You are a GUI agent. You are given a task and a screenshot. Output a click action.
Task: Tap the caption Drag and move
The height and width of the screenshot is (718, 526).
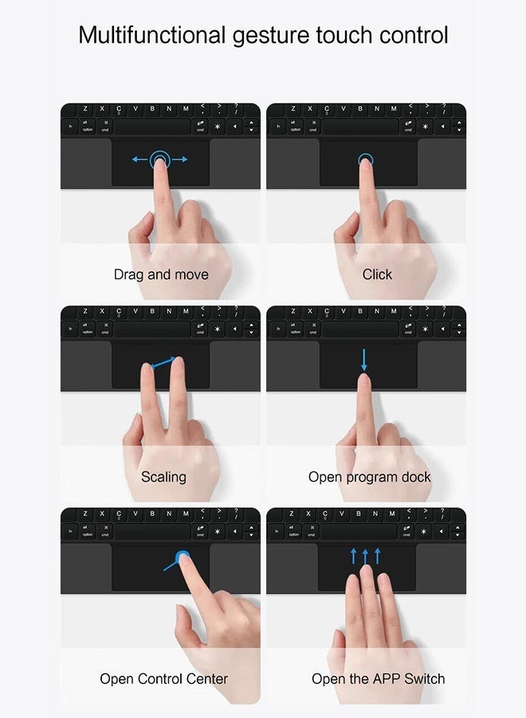pyautogui.click(x=161, y=274)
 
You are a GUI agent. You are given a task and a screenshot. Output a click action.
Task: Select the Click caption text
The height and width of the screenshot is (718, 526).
pyautogui.click(x=377, y=274)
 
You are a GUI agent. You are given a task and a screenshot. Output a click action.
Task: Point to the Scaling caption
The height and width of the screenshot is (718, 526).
pyautogui.click(x=163, y=477)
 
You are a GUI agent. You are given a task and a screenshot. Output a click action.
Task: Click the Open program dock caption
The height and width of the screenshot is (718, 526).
pyautogui.click(x=370, y=477)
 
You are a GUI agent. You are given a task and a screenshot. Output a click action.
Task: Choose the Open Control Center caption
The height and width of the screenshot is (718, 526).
pyautogui.click(x=163, y=679)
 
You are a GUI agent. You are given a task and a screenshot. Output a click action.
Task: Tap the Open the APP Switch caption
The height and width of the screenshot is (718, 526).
pyautogui.click(x=378, y=679)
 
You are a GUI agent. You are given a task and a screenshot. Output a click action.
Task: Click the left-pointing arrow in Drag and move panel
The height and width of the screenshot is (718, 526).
pyautogui.click(x=139, y=160)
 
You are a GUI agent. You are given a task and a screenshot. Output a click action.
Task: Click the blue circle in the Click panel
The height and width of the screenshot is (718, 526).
pyautogui.click(x=365, y=160)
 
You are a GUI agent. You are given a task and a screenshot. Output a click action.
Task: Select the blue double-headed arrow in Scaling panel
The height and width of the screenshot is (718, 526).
pyautogui.click(x=163, y=364)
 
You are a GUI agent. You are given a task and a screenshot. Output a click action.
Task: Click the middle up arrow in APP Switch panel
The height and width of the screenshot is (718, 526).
pyautogui.click(x=366, y=556)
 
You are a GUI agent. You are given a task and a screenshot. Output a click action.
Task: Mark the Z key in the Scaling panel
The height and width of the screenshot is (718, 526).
pyautogui.click(x=84, y=311)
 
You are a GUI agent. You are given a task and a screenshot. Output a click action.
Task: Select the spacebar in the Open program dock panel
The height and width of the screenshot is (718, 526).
pyautogui.click(x=358, y=329)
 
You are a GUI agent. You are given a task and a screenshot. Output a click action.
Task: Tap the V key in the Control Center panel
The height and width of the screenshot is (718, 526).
pyautogui.click(x=135, y=513)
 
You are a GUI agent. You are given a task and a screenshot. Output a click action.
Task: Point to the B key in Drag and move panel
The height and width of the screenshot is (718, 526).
pyautogui.click(x=152, y=108)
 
